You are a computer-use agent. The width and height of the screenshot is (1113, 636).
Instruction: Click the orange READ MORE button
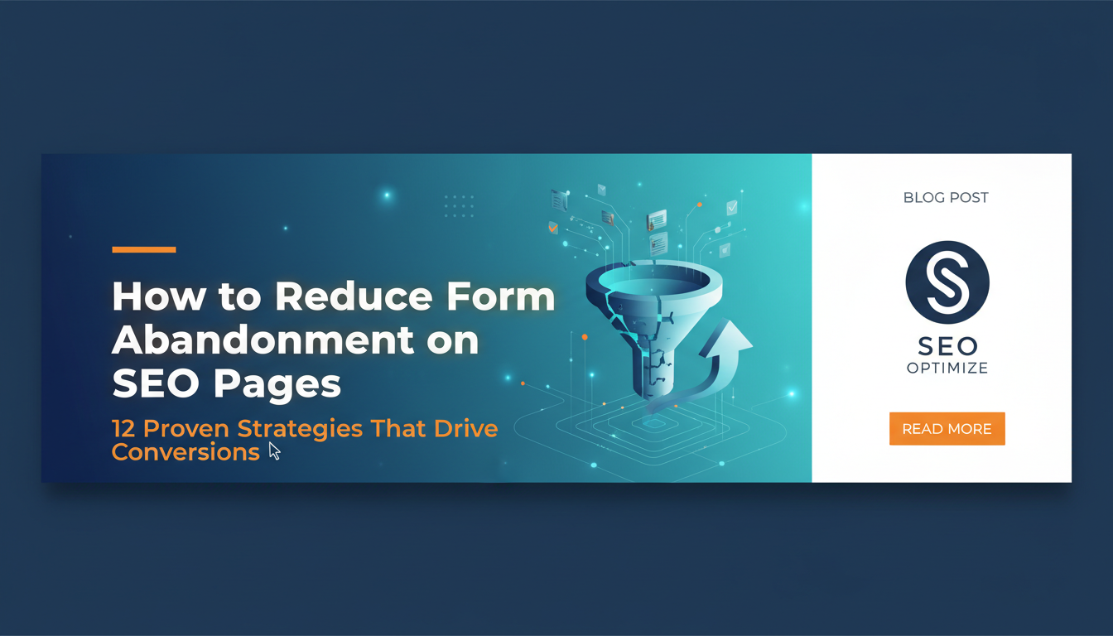[x=947, y=428]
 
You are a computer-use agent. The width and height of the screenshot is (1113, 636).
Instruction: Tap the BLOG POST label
[x=946, y=198]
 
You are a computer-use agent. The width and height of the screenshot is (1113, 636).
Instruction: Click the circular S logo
[x=947, y=282]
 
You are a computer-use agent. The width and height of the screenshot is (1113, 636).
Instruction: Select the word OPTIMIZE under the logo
[x=947, y=369]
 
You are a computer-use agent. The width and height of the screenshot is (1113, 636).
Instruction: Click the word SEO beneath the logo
[x=947, y=346]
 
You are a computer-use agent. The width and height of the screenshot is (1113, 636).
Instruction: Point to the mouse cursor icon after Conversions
[x=274, y=451]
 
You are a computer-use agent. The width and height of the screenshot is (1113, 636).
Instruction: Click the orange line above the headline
[x=144, y=249]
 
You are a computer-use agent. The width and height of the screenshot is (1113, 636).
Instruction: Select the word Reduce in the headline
[x=354, y=296]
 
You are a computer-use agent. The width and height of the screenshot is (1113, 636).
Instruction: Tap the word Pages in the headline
[x=277, y=384]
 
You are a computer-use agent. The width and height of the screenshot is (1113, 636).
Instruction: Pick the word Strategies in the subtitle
[x=300, y=429]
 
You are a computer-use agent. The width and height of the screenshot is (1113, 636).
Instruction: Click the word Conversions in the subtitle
[x=185, y=452]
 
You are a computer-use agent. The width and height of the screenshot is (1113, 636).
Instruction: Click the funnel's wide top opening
[x=654, y=281]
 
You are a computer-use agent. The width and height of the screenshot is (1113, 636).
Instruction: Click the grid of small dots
[x=459, y=205]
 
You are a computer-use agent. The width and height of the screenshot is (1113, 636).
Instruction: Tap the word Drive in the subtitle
[x=465, y=428]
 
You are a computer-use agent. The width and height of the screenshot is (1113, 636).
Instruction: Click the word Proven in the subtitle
[x=185, y=428]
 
